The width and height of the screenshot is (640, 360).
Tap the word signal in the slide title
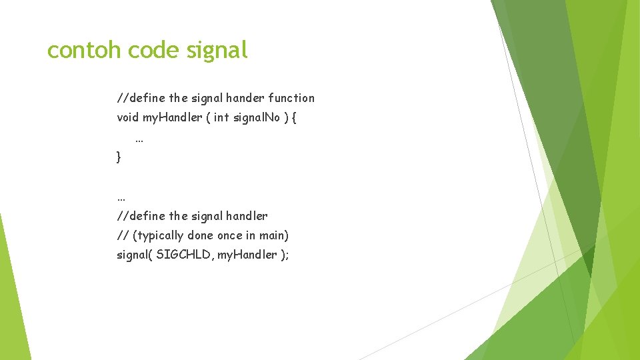click(217, 50)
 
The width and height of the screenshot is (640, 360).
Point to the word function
click(292, 98)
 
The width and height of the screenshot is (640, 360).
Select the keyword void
click(128, 118)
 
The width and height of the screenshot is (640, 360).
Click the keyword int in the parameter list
click(221, 118)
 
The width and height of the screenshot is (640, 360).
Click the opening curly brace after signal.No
click(294, 118)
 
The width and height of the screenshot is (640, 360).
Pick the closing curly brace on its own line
click(119, 157)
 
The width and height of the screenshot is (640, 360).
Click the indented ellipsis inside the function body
click(139, 139)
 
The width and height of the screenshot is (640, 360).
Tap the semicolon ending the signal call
click(287, 255)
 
